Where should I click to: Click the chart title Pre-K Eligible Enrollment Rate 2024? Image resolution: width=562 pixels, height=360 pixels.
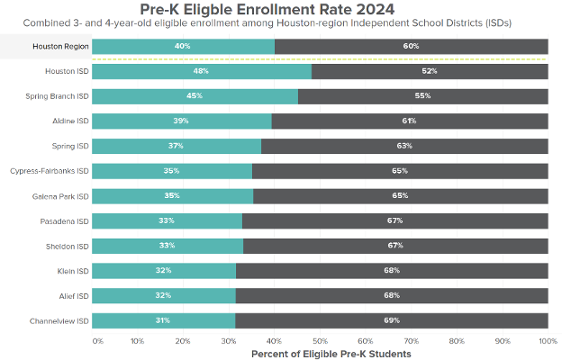(x=281, y=8)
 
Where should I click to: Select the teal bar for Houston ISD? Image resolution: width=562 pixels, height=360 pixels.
(x=202, y=71)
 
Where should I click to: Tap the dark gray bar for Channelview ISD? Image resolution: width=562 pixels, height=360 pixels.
(x=391, y=320)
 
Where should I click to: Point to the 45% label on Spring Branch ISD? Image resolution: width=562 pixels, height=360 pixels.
(x=194, y=96)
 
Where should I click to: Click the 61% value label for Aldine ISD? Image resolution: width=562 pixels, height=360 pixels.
(x=410, y=121)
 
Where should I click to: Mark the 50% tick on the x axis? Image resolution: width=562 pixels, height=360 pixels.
(x=320, y=341)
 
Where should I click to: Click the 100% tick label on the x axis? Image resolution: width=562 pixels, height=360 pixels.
(x=548, y=341)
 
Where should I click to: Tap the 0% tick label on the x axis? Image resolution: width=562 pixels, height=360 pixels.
(x=97, y=341)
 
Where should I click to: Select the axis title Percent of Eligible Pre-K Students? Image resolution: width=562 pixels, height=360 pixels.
(x=320, y=354)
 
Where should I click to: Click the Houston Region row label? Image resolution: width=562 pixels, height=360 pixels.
(x=60, y=46)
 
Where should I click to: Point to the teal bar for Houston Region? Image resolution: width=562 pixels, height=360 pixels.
(x=183, y=46)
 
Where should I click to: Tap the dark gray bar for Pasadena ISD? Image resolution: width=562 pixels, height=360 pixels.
(x=394, y=220)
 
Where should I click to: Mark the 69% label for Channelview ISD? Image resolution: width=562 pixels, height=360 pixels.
(x=392, y=320)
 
